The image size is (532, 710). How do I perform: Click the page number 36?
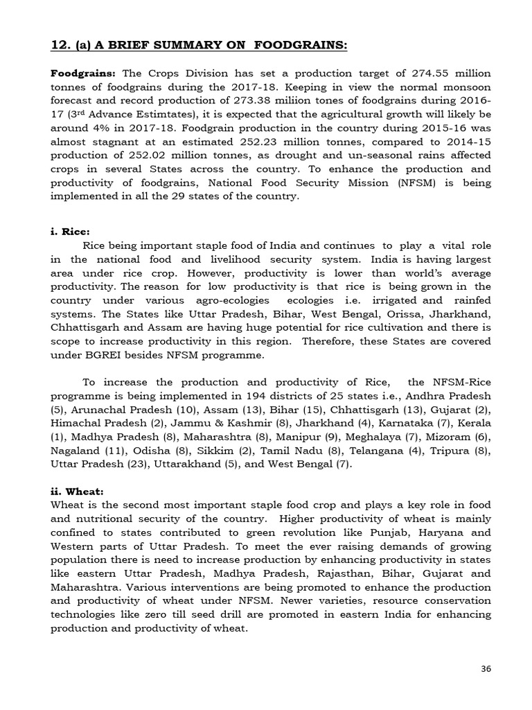click(x=486, y=668)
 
